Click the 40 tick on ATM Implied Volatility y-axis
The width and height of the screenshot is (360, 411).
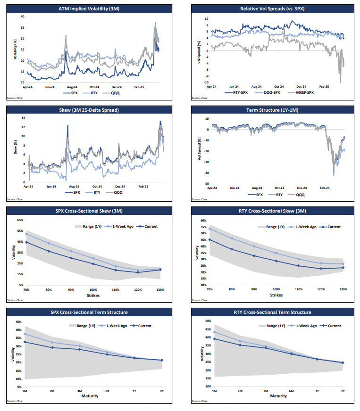[x=22, y=16]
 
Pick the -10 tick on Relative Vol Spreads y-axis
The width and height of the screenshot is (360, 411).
[x=206, y=82]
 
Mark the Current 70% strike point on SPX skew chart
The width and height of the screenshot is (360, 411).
[x=26, y=242]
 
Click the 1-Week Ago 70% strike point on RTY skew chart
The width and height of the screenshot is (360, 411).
[x=209, y=229]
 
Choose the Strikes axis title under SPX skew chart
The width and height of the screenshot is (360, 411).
[x=92, y=295]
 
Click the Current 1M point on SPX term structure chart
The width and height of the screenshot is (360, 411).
[x=25, y=342]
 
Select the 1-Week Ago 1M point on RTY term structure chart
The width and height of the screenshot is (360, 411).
[x=215, y=332]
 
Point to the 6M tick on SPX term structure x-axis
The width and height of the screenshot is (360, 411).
[x=107, y=391]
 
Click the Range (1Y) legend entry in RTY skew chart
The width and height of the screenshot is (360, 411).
[x=271, y=227]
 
